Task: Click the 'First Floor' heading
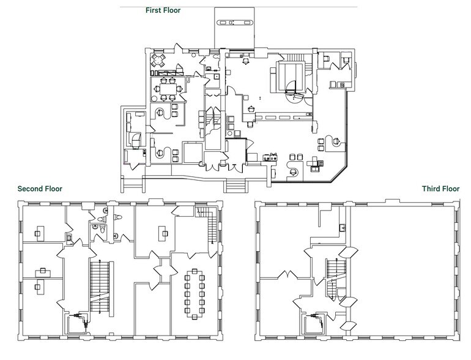pyautogui.click(x=163, y=10)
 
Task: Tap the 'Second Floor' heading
pyautogui.click(x=40, y=189)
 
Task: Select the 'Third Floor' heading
pyautogui.click(x=440, y=189)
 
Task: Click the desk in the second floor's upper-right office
pyautogui.click(x=163, y=233)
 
